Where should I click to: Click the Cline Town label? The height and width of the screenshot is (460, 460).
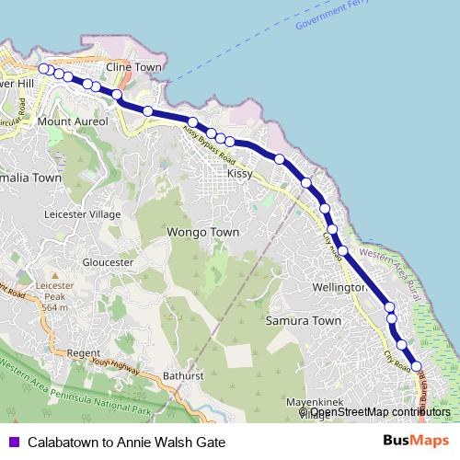(x=134, y=68)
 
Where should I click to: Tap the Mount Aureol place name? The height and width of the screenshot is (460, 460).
(x=73, y=121)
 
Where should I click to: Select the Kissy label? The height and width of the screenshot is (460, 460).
(x=239, y=173)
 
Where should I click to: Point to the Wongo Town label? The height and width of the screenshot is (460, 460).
(x=202, y=233)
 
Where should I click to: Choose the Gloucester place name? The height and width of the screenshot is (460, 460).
(x=108, y=262)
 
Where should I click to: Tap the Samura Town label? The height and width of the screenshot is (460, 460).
(x=303, y=321)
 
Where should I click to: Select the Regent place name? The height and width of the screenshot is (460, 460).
(x=83, y=352)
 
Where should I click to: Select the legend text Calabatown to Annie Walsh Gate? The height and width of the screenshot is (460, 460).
(x=126, y=442)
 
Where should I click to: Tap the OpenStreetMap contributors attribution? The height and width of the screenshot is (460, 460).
(x=379, y=412)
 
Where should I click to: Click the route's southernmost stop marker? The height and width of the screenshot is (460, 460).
(x=416, y=366)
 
